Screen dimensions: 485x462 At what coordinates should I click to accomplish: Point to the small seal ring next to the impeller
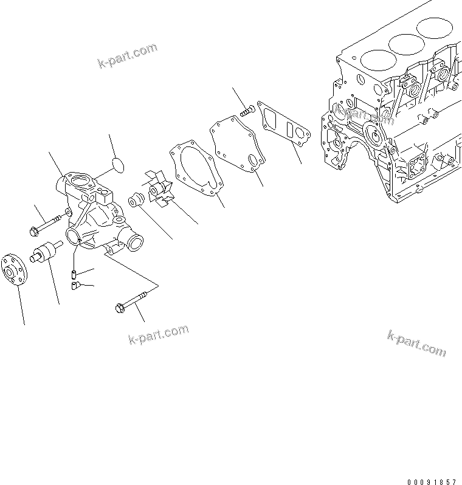coord(135,199)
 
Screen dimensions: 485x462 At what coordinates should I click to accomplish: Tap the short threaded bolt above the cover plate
coord(247,110)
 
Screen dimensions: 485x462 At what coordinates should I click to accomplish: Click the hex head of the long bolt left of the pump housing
coord(34,230)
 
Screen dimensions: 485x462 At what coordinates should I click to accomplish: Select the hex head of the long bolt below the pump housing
coord(120,308)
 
